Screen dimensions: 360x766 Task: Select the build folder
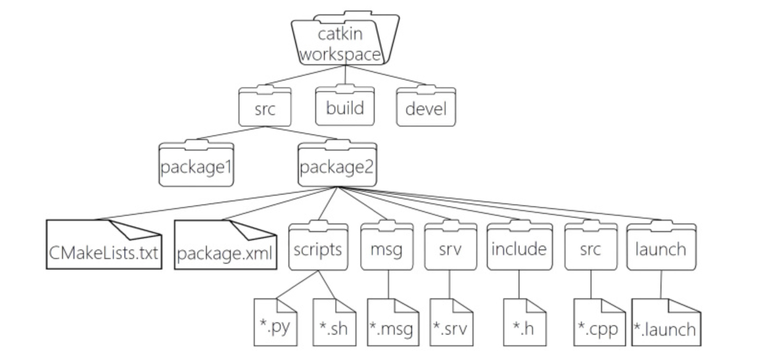(345, 107)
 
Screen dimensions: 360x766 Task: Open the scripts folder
(318, 249)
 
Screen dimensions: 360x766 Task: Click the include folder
(519, 249)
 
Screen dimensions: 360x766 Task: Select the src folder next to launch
(590, 249)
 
